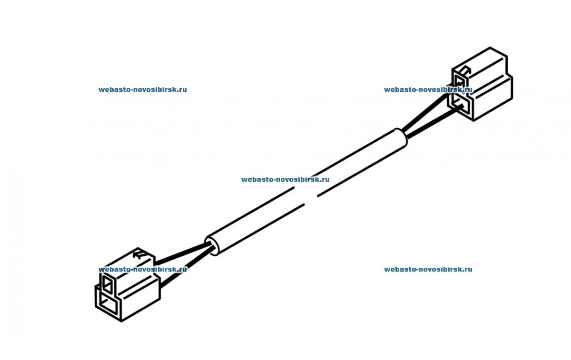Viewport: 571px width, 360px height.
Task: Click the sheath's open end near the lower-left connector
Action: point(213,246)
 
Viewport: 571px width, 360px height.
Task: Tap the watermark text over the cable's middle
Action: point(285,180)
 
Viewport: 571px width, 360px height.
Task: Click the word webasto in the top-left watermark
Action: point(112,89)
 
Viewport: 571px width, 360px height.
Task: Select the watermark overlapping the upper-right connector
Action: point(428,89)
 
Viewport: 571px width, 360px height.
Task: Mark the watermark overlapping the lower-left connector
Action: point(142,269)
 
